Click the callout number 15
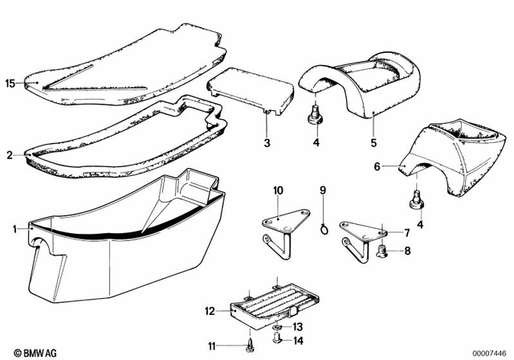click(10, 83)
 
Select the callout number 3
click(267, 144)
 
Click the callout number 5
click(372, 144)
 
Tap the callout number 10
click(278, 190)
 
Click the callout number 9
click(323, 190)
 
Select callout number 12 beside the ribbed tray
click(208, 309)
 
